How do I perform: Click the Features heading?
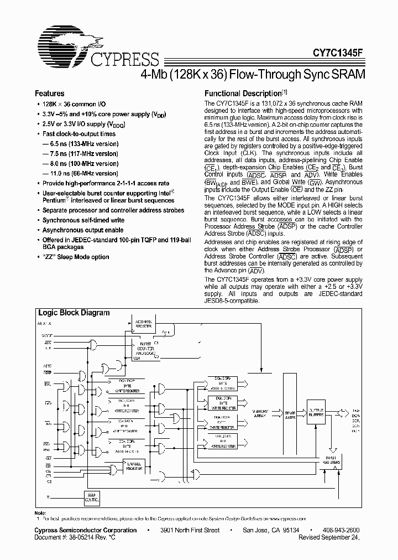point(50,94)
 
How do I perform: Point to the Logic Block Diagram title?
point(74,313)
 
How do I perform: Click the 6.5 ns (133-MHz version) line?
point(80,143)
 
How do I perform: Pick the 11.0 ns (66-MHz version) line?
point(80,173)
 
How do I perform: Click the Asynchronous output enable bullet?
point(82,230)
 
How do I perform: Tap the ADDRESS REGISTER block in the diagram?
point(144,324)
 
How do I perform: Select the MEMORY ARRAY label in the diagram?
point(260,413)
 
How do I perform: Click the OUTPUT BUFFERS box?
point(317,412)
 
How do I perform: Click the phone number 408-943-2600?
point(340,530)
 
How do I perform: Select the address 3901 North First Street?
point(190,530)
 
